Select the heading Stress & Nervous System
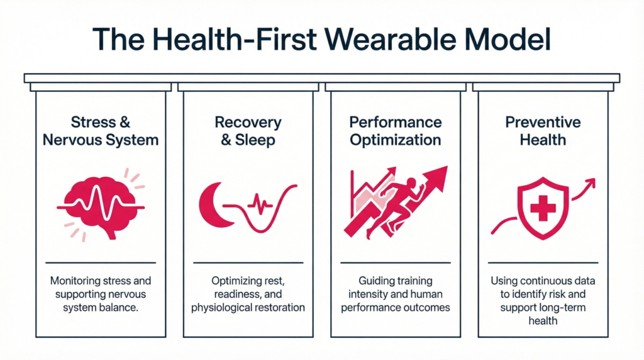[x=101, y=131]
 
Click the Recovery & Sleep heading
[x=248, y=131]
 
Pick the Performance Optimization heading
[x=396, y=131]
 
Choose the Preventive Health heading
[x=543, y=131]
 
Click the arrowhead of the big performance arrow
[x=438, y=178]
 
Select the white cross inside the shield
[x=543, y=205]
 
